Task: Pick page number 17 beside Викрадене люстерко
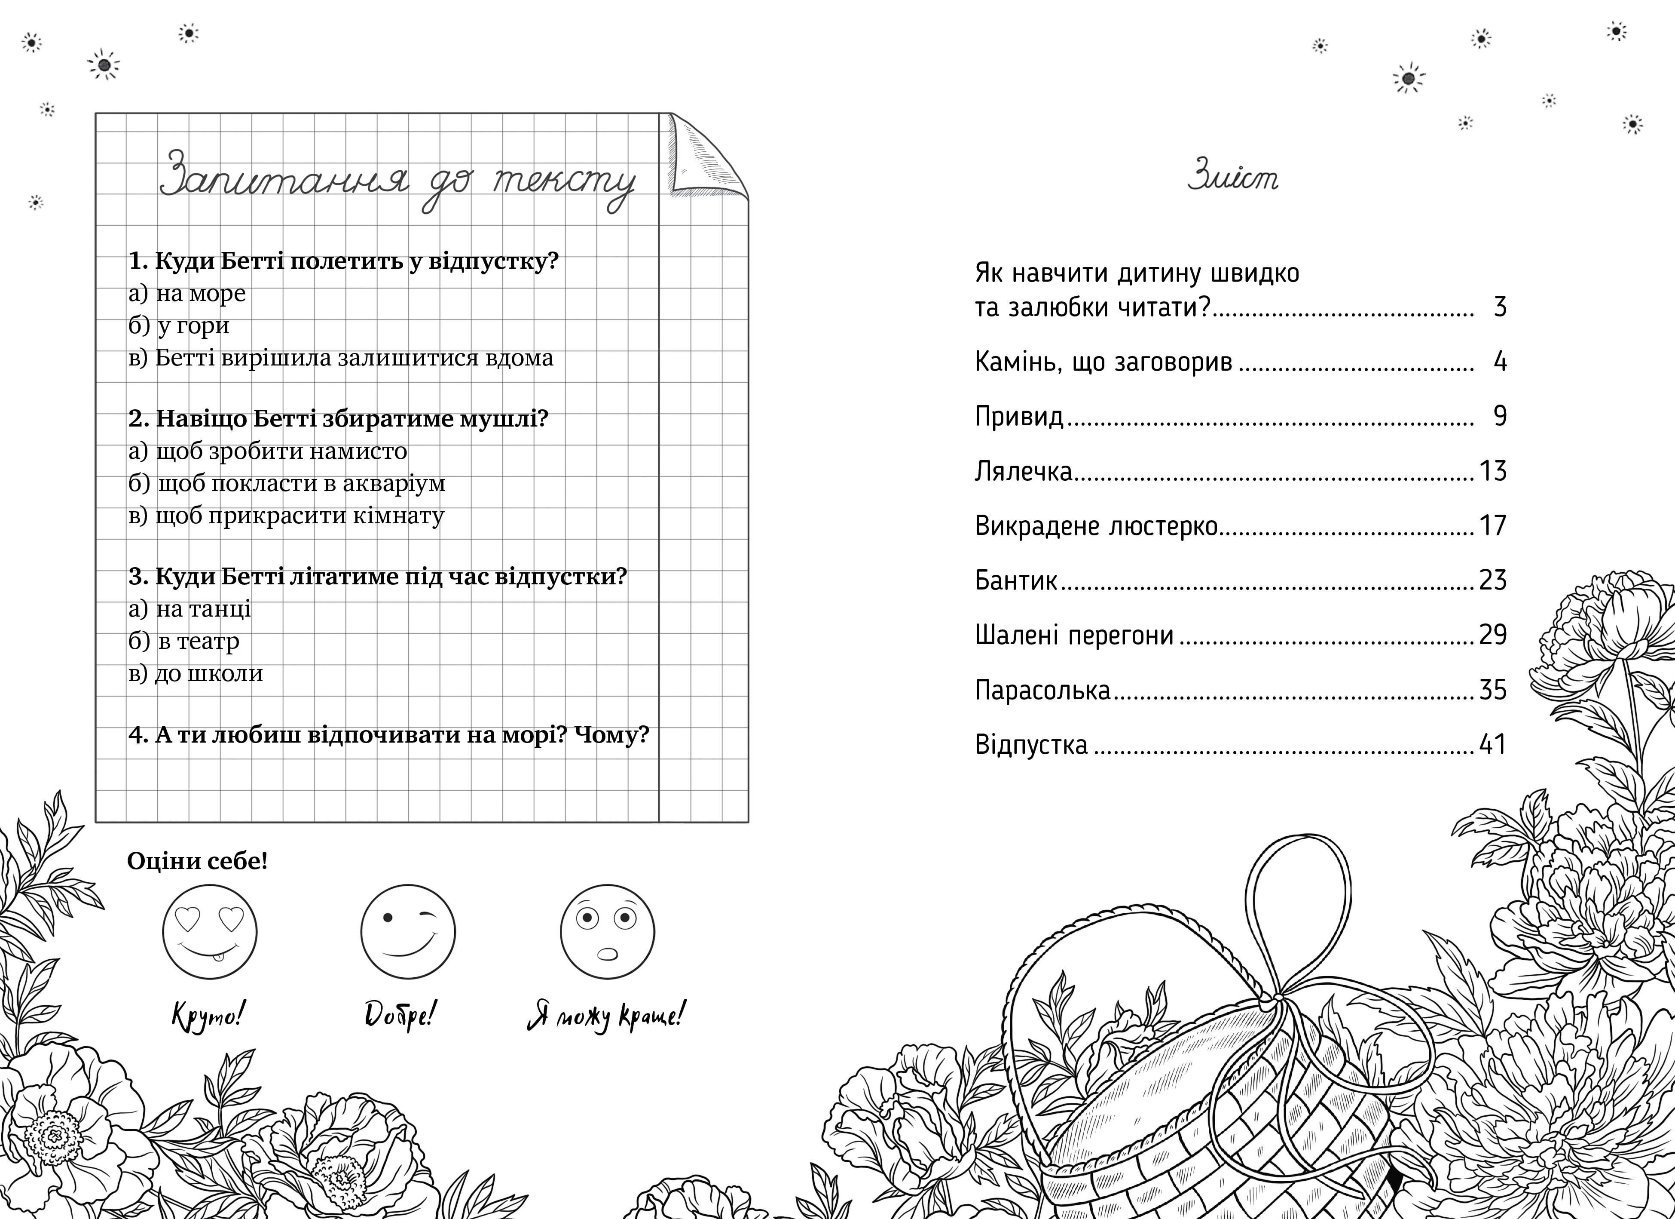pos(1492,526)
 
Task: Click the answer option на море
pos(200,293)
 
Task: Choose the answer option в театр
pos(198,641)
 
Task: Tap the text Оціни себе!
pos(197,861)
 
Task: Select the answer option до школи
pos(208,673)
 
